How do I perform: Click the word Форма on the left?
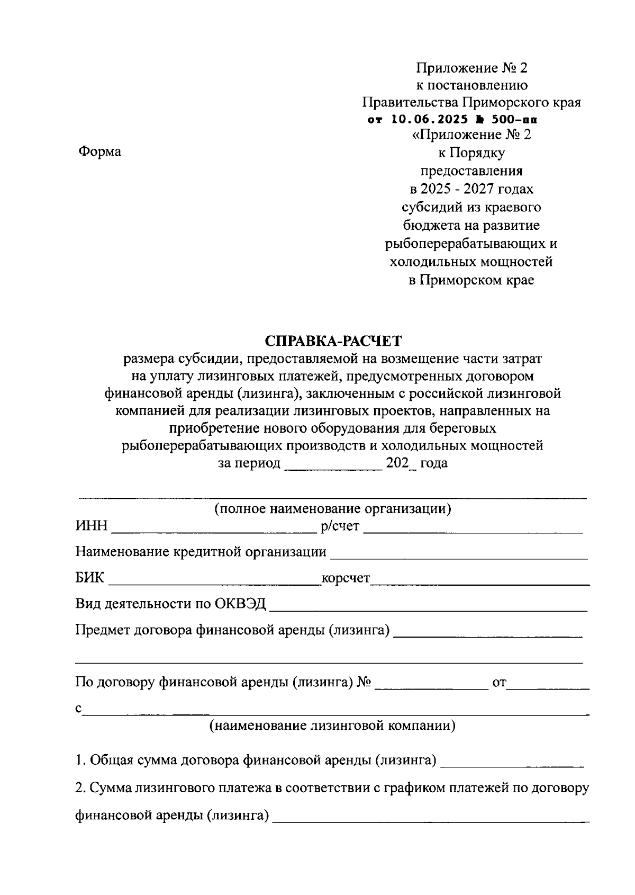pos(99,151)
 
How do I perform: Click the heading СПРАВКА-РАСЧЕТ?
pos(333,340)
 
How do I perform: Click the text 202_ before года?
pos(401,463)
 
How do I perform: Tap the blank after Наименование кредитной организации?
pos(458,553)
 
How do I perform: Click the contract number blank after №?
pos(431,684)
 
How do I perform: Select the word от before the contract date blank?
pos(500,683)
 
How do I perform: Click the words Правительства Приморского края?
pos(471,102)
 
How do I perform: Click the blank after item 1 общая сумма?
pos(511,762)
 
